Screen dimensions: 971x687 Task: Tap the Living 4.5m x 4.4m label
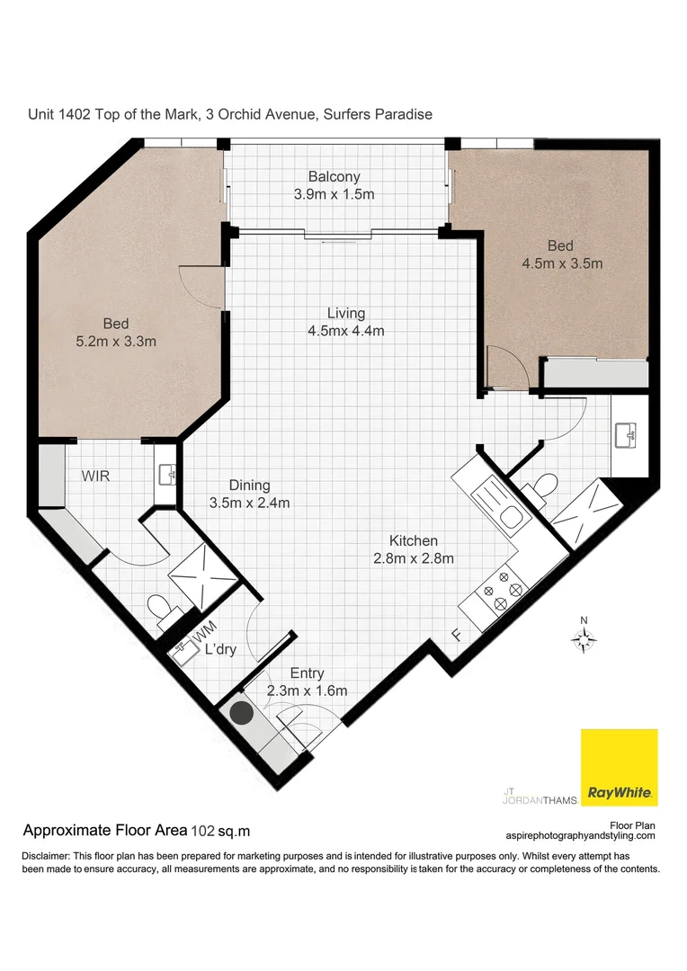point(346,322)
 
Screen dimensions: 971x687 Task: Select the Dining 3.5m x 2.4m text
point(249,494)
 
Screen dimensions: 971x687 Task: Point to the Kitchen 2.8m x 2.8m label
point(414,549)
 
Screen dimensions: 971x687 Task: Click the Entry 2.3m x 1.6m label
point(307,681)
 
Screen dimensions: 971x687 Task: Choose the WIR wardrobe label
point(96,476)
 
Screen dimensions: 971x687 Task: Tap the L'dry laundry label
point(220,650)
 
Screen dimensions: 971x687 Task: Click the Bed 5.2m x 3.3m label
point(116,333)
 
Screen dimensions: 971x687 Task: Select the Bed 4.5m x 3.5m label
point(561,254)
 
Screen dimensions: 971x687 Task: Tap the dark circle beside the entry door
point(241,714)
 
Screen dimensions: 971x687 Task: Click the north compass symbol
point(584,637)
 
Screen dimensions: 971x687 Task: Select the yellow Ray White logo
point(619,767)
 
